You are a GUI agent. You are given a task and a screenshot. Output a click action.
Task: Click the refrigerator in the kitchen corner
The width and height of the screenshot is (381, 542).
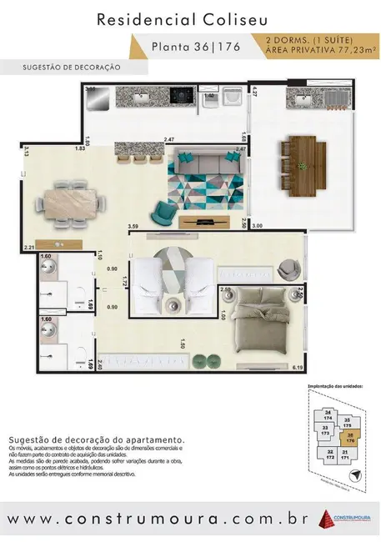(x=98, y=99)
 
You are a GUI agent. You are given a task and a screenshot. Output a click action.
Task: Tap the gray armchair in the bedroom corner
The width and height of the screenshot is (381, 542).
(x=288, y=268)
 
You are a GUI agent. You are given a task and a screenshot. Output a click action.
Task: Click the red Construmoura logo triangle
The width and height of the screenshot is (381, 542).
(x=326, y=519)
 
